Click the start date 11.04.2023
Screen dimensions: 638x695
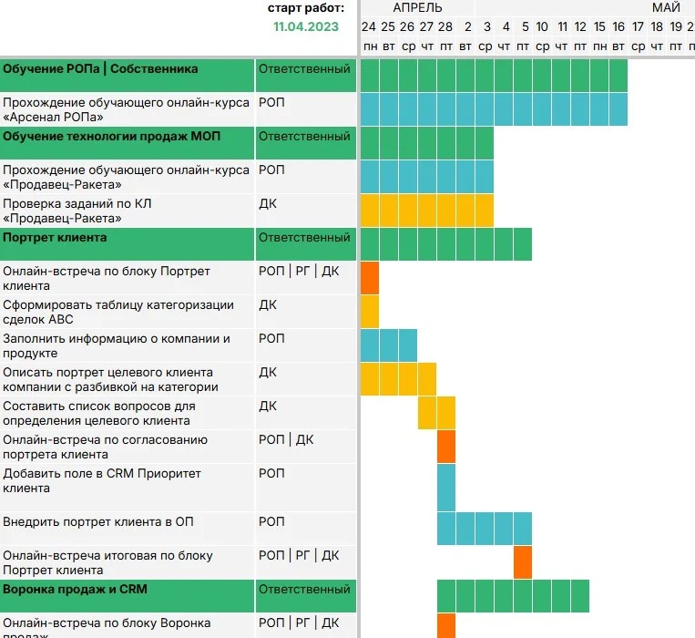tap(306, 26)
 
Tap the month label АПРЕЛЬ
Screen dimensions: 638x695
tap(417, 7)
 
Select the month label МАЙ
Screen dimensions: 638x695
tap(666, 7)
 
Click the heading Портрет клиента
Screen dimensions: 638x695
tap(55, 238)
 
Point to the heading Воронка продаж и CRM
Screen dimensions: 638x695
tap(75, 590)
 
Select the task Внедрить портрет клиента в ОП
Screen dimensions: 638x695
tap(98, 522)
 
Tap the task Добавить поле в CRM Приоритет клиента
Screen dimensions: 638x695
tap(102, 480)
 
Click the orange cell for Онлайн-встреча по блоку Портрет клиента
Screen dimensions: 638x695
tap(370, 278)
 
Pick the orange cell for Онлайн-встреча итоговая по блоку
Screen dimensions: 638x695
tap(522, 562)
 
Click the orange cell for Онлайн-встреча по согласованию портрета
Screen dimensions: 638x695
tap(446, 447)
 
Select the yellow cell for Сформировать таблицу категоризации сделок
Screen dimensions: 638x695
tap(370, 312)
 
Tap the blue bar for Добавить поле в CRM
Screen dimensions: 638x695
tap(446, 488)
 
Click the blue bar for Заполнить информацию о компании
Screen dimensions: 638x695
tap(389, 345)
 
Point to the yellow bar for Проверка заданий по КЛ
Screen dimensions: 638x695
tap(427, 211)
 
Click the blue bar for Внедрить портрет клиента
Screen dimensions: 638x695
tap(484, 529)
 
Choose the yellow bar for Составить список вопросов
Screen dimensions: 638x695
tap(436, 413)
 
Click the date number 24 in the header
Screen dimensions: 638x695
tap(369, 26)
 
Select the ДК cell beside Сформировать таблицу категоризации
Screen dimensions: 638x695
tap(268, 305)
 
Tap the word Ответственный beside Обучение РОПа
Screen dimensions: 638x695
tap(304, 69)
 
